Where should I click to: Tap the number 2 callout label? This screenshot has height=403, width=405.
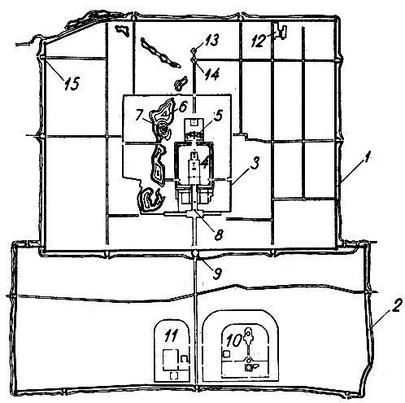(395, 305)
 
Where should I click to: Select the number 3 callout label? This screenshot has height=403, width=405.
(255, 163)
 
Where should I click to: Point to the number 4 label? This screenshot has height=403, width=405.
(204, 162)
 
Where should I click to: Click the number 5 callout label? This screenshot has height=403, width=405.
(218, 116)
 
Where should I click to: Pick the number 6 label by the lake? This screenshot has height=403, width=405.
(182, 107)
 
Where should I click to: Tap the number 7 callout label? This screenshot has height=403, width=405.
(139, 115)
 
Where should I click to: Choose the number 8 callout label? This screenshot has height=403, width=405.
(219, 234)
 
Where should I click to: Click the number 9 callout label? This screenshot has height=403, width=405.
(217, 273)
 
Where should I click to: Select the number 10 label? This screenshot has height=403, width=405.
(234, 340)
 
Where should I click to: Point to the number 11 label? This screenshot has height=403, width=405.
(171, 335)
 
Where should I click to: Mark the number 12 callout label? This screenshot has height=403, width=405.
(259, 41)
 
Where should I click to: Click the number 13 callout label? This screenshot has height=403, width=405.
(211, 41)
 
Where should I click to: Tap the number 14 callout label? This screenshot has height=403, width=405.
(211, 74)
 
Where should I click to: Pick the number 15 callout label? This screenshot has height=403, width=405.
(72, 83)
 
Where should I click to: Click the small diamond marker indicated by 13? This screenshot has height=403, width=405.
(194, 50)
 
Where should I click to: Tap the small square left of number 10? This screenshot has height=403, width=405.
(226, 354)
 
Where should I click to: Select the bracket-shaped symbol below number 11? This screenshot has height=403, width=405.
(174, 375)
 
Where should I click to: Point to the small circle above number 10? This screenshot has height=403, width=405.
(248, 331)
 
